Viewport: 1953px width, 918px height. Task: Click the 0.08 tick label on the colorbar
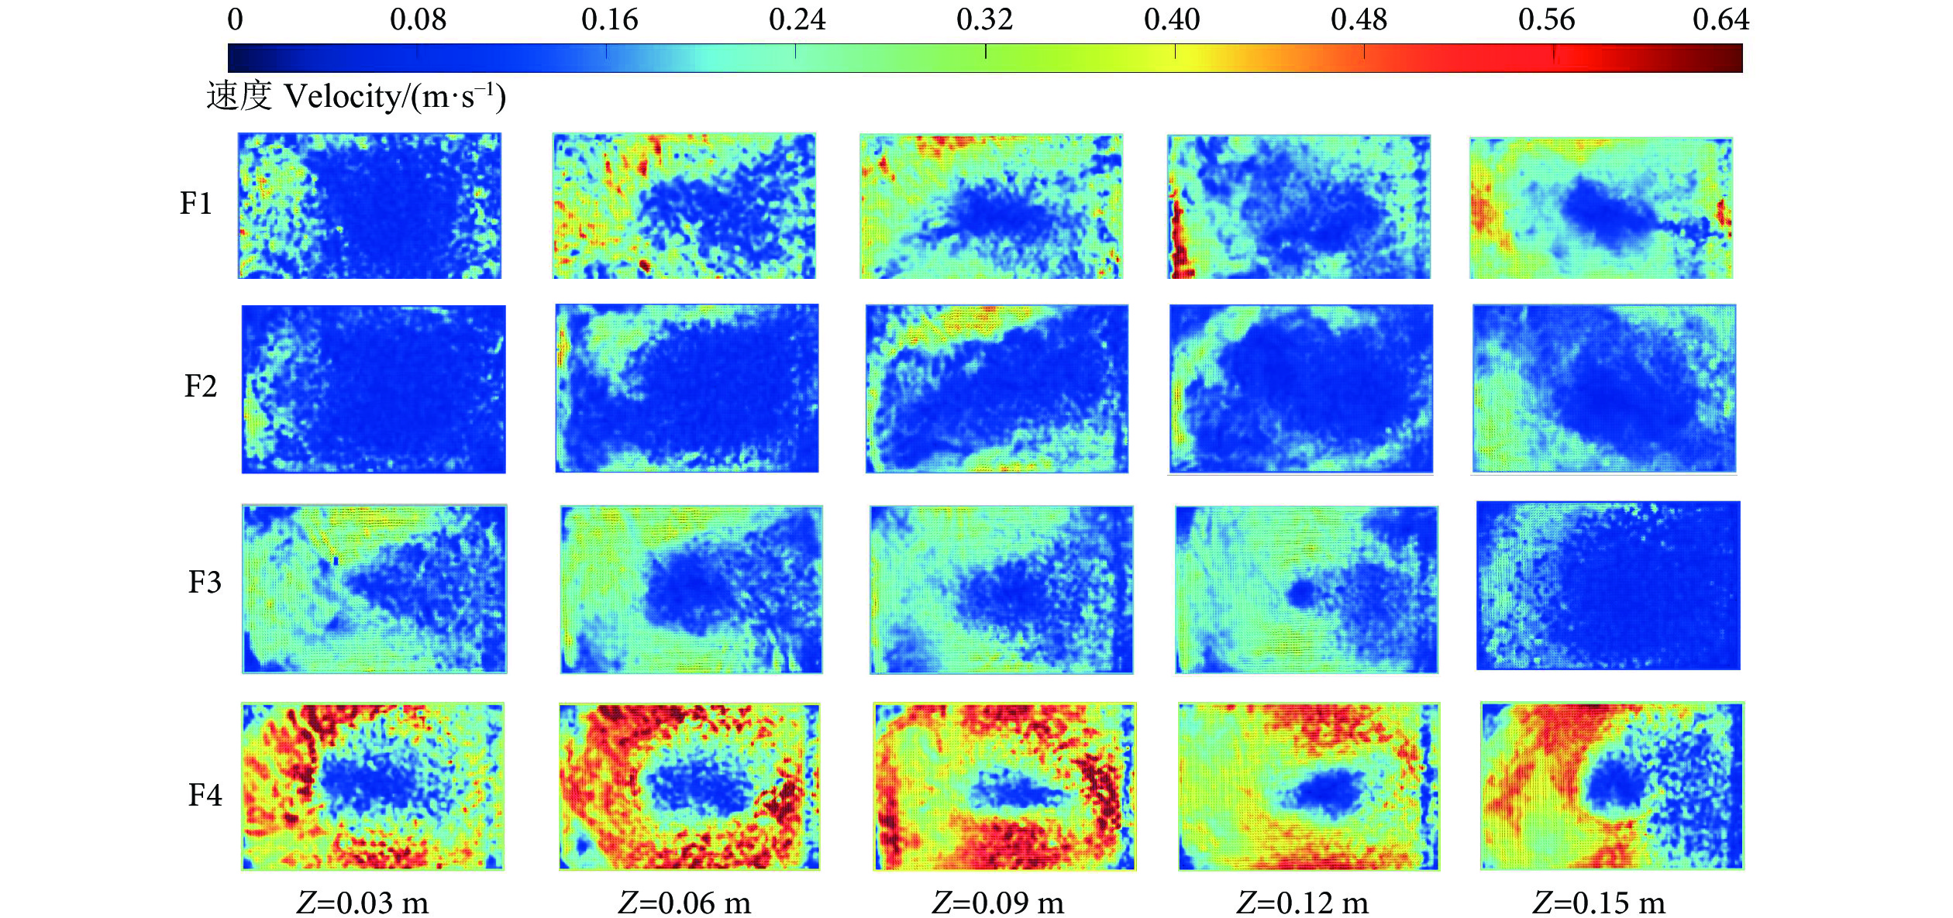point(418,19)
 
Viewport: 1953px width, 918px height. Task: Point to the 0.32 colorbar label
point(984,19)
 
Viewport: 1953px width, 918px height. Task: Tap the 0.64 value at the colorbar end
point(1720,19)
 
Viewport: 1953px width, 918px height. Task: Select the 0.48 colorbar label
point(1359,19)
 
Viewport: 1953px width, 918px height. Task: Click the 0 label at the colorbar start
point(235,19)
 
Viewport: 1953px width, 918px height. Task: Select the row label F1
point(195,204)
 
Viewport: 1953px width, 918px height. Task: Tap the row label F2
point(200,387)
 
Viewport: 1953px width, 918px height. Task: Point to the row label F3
point(205,582)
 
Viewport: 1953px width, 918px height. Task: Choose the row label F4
point(205,796)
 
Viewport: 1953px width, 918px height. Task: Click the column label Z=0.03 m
point(363,903)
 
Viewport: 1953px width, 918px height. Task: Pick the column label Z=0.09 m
point(997,903)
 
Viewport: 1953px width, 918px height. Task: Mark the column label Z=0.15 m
point(1599,903)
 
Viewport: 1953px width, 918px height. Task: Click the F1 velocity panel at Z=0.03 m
point(370,205)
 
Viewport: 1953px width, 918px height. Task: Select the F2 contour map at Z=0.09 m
point(997,388)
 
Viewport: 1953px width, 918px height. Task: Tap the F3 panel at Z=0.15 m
point(1608,586)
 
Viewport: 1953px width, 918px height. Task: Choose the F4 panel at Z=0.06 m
point(690,786)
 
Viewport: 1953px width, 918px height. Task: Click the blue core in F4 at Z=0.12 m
point(1327,793)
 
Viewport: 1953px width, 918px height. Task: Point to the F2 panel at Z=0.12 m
point(1301,388)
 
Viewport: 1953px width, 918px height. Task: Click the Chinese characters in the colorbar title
point(239,97)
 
